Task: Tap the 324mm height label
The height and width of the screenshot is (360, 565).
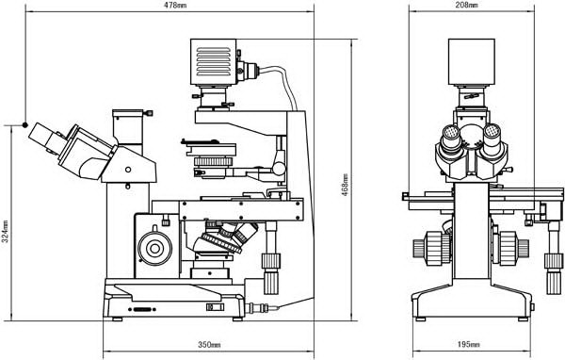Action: pyautogui.click(x=7, y=233)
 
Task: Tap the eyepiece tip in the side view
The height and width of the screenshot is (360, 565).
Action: pyautogui.click(x=39, y=132)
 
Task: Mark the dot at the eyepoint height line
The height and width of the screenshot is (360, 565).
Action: pyautogui.click(x=24, y=123)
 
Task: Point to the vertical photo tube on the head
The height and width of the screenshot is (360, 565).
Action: pyautogui.click(x=130, y=128)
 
